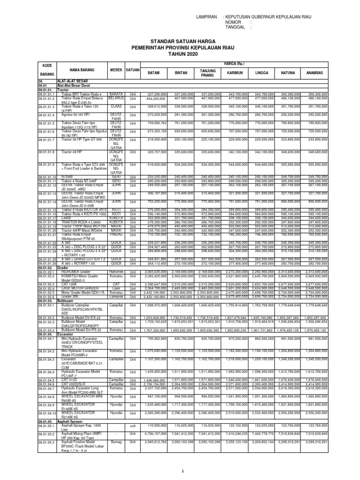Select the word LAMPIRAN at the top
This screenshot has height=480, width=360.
206,16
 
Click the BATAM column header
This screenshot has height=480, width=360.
154,73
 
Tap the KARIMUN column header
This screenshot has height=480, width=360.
234,73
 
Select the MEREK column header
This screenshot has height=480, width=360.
116,70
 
